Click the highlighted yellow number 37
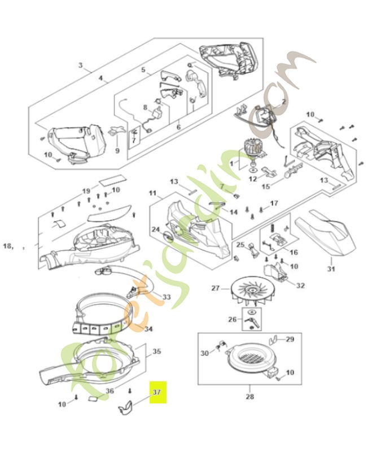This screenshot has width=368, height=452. (x=156, y=390)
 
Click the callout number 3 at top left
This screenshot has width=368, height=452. (x=81, y=66)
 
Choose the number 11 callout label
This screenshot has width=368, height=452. (x=152, y=193)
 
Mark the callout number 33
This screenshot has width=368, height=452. (x=167, y=297)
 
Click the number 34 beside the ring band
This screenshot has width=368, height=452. (x=148, y=329)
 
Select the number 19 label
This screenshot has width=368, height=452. (x=86, y=190)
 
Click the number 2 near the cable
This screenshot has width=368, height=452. (x=283, y=101)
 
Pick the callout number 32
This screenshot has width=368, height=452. (x=300, y=285)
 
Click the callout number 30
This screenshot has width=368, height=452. (x=205, y=353)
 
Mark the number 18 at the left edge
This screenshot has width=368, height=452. (x=8, y=246)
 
